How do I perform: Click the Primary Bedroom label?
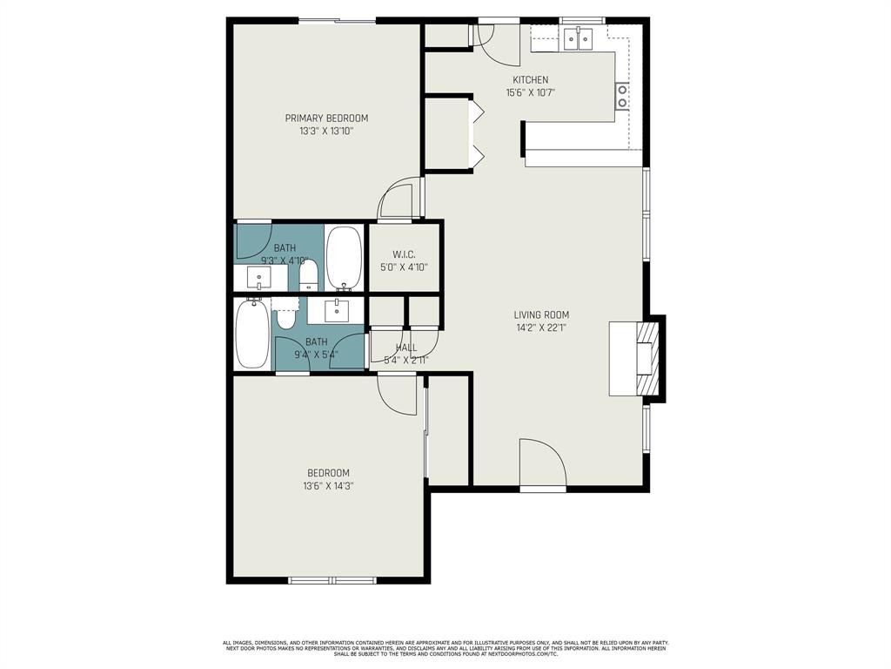326,118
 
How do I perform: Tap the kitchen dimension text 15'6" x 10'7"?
530,92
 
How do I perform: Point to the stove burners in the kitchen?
622,95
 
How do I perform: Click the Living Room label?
541,315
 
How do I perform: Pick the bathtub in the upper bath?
345,259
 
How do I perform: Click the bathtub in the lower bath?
253,334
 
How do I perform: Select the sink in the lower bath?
337,310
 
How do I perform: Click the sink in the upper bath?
259,278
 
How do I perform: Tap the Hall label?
406,348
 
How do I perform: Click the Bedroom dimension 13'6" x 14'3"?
328,486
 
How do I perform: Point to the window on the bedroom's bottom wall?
332,579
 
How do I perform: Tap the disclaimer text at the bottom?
445,648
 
